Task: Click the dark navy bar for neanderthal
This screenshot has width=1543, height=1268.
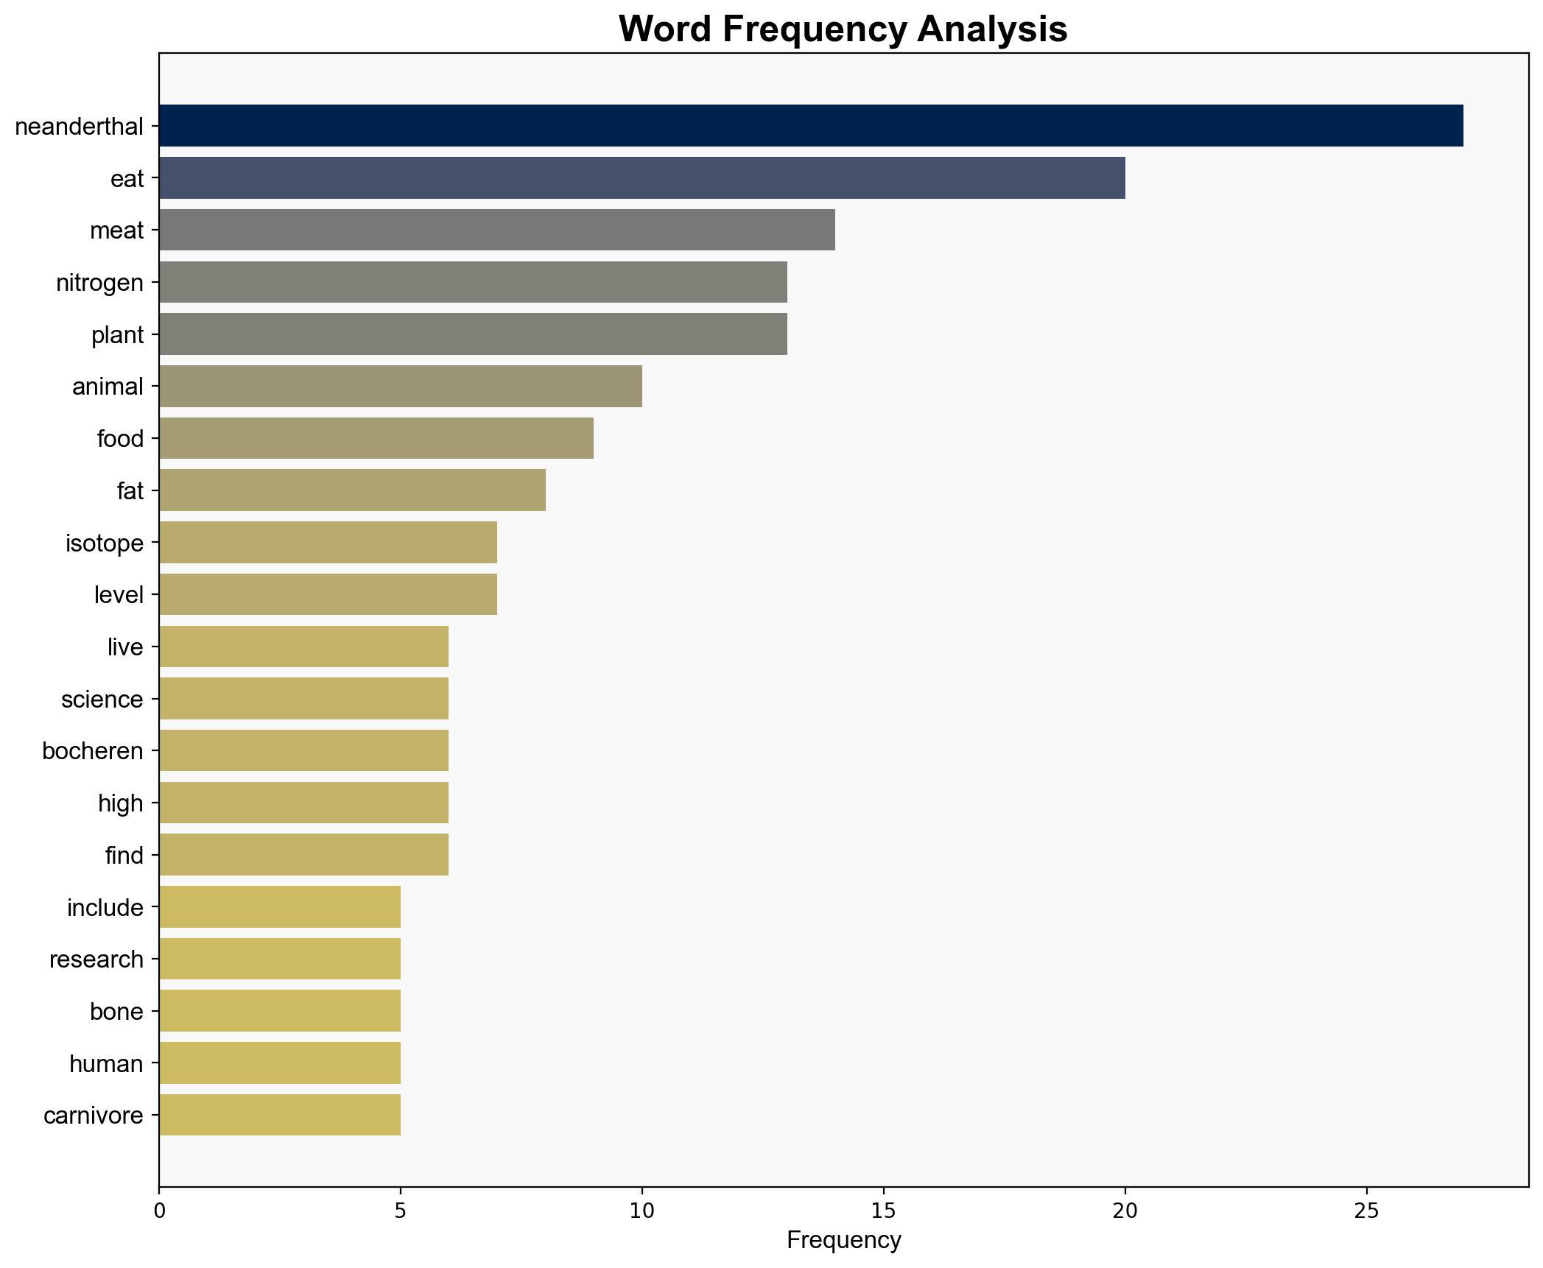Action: [810, 126]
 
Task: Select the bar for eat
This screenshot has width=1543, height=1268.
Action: [642, 178]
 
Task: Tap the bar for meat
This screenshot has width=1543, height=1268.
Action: [496, 230]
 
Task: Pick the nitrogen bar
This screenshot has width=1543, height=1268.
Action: [473, 282]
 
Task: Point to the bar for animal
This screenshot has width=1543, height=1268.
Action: [400, 386]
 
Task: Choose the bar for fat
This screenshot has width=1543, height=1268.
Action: [352, 490]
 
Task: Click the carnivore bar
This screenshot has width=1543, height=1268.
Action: [279, 1115]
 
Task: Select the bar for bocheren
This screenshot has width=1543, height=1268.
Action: [303, 750]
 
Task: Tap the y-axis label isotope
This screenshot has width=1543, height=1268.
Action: [105, 543]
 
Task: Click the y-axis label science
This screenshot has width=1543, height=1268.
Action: [102, 699]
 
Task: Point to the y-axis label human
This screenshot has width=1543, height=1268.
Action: [106, 1063]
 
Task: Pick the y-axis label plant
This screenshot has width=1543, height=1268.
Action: [117, 335]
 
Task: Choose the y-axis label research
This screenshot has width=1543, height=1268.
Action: [96, 959]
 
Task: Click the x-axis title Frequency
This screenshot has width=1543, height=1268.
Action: [843, 1241]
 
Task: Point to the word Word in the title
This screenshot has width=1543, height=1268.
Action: [667, 29]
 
